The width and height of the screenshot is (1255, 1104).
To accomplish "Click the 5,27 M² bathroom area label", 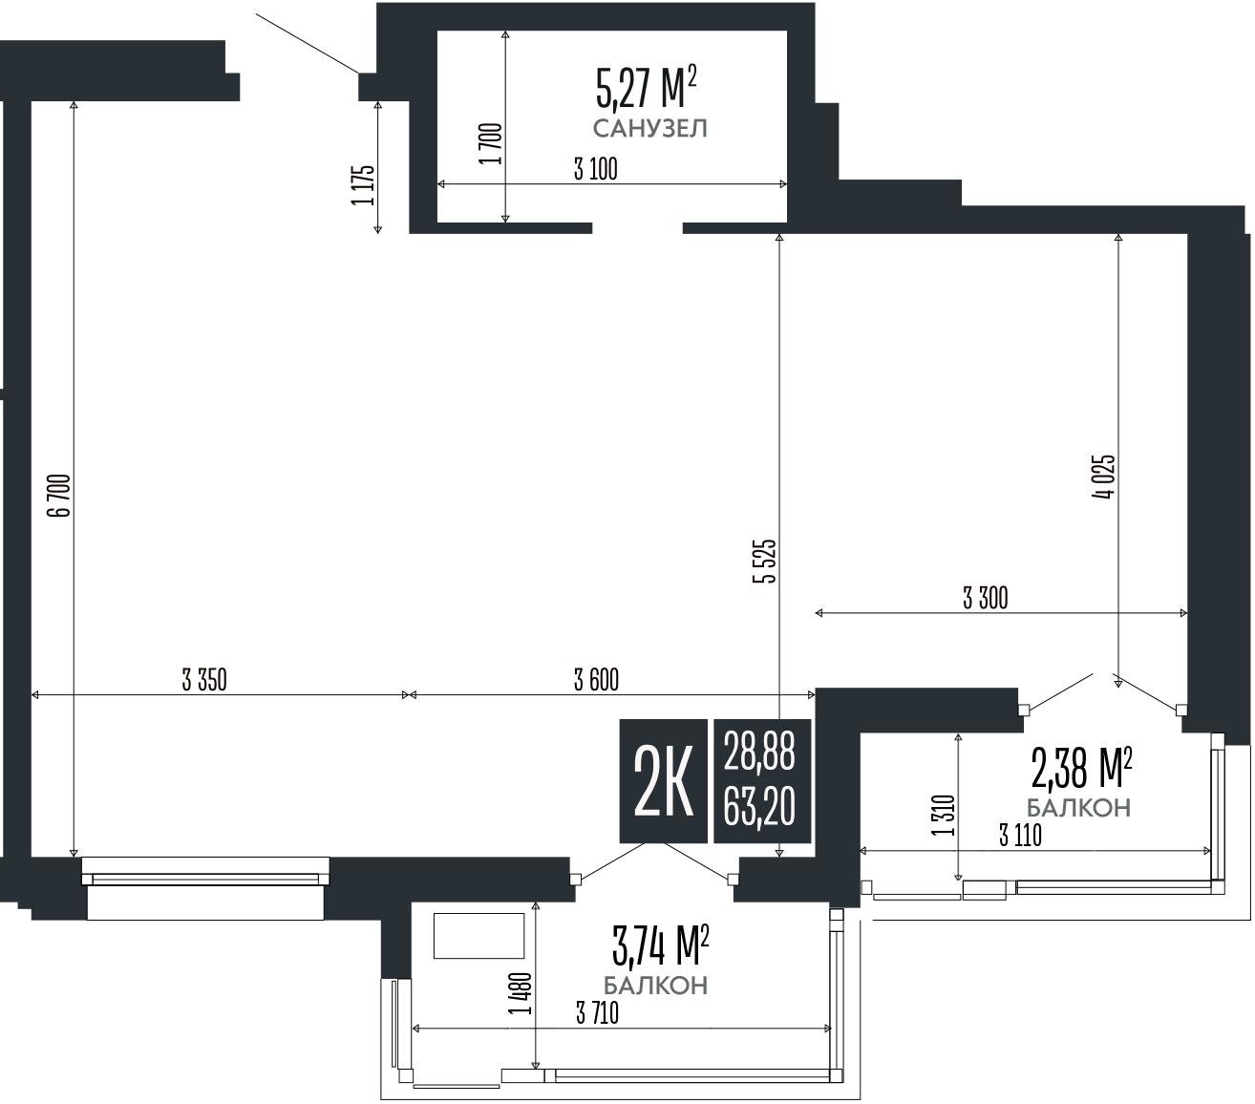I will click(x=645, y=90).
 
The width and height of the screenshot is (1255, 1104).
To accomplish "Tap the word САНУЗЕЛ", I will click(x=649, y=129).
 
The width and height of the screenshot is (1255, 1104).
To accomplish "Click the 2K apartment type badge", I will click(x=664, y=780).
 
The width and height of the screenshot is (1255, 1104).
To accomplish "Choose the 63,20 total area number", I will click(x=759, y=808).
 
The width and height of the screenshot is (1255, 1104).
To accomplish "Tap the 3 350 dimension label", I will click(x=203, y=680).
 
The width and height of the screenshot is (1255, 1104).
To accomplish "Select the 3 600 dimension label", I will click(x=596, y=680).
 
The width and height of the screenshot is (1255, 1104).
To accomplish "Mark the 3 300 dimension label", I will click(x=985, y=599).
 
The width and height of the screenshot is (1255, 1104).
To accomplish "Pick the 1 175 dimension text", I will click(x=363, y=184).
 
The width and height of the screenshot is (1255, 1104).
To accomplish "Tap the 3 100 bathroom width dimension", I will click(x=595, y=170).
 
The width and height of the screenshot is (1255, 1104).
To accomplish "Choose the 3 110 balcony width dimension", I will click(x=1019, y=836).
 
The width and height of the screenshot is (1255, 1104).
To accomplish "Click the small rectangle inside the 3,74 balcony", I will click(x=479, y=935).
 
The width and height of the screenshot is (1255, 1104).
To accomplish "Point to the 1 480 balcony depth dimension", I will click(x=521, y=993).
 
